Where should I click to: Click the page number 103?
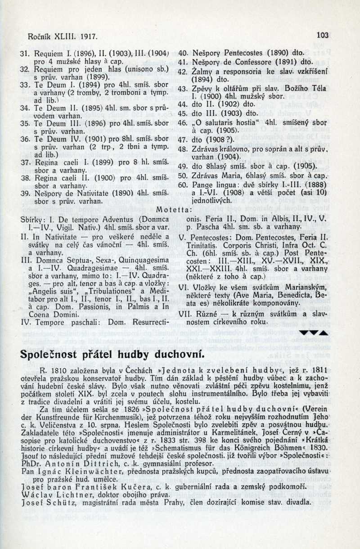pyautogui.click(x=322, y=35)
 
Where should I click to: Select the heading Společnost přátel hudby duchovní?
pyautogui.click(x=112, y=354)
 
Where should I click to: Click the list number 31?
pyautogui.click(x=25, y=53)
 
